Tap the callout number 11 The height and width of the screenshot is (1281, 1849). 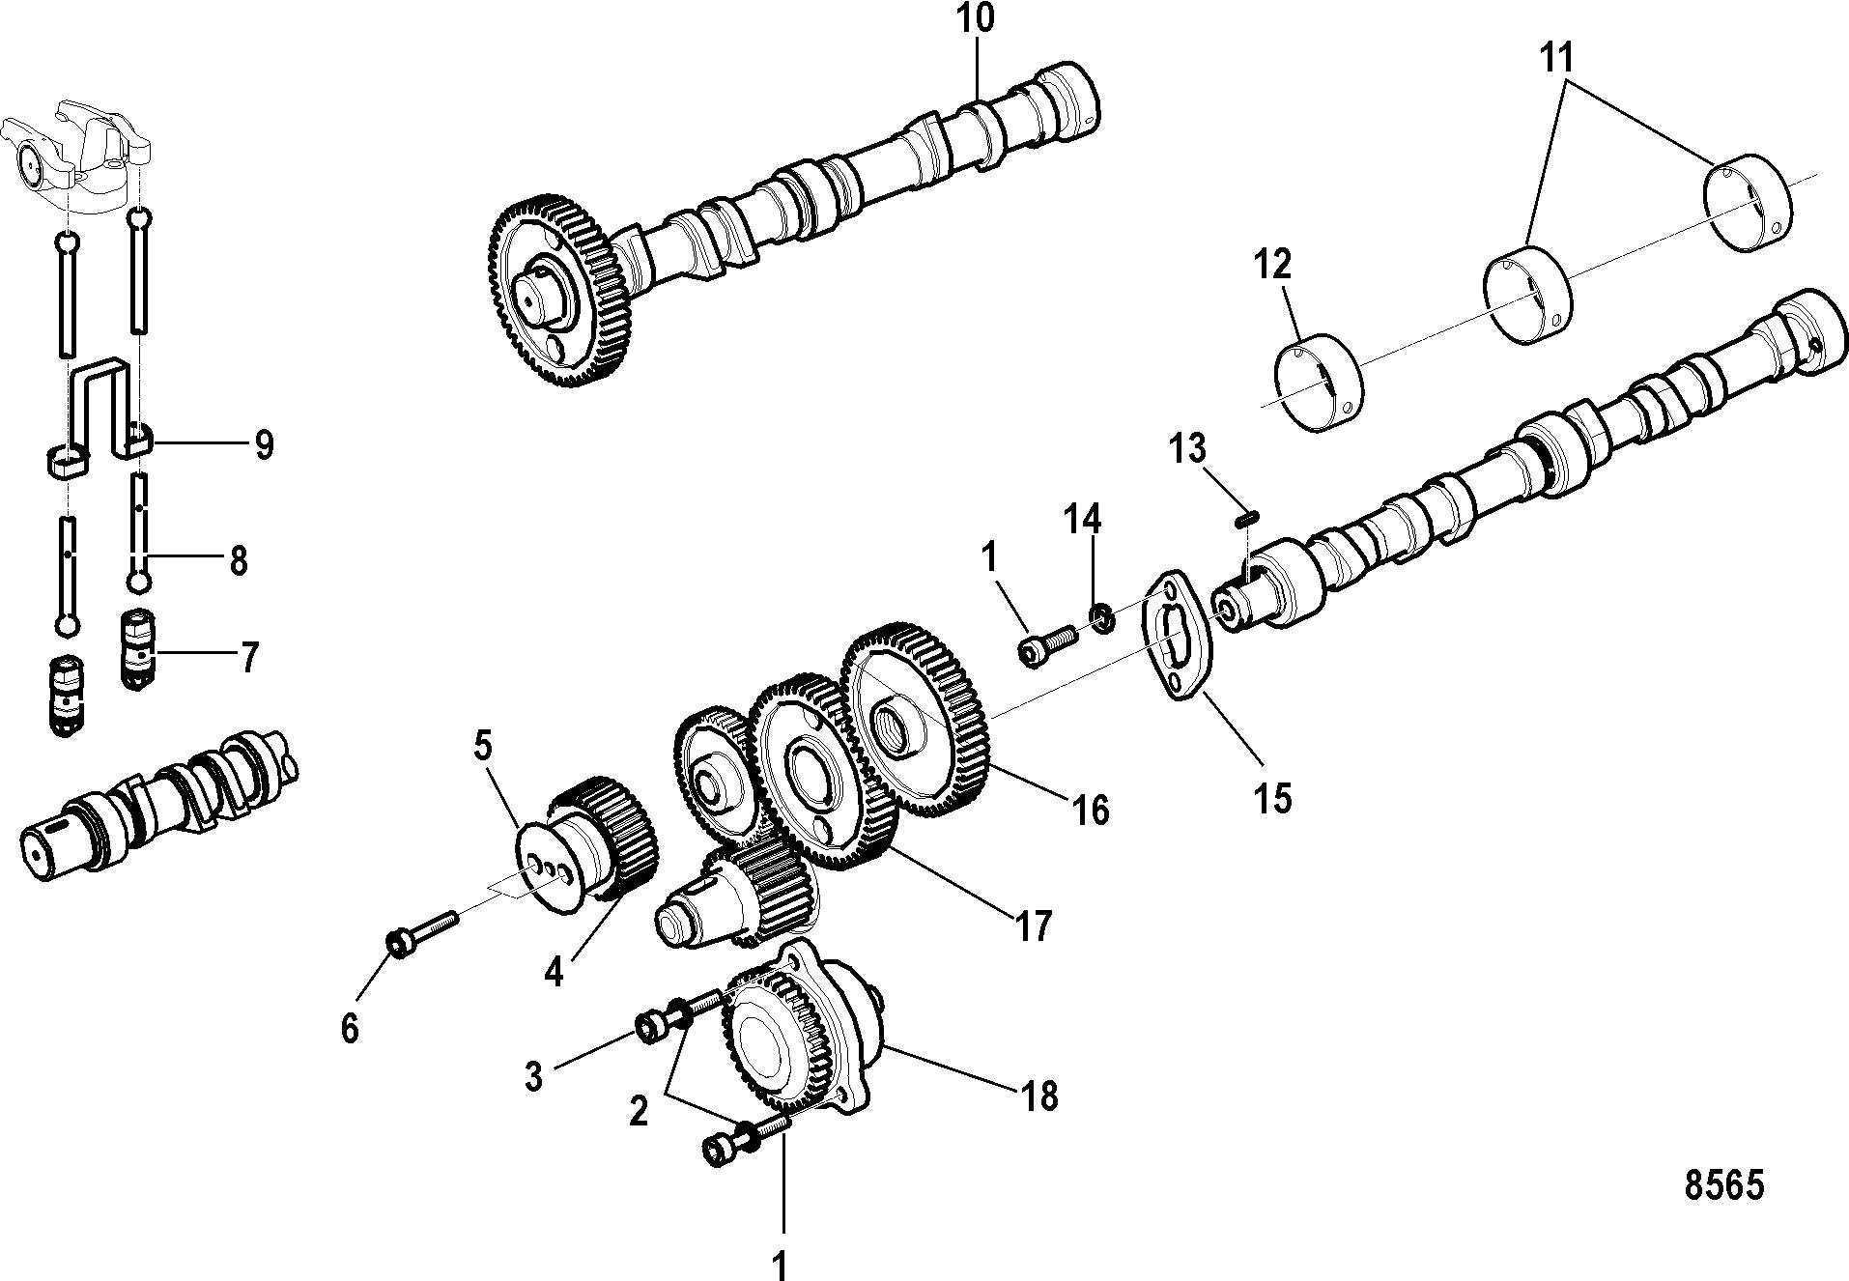pos(1556,58)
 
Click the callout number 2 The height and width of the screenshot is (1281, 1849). pos(639,1113)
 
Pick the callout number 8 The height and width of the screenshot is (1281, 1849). pos(238,561)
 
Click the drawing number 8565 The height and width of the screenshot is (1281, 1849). pos(1724,1185)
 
